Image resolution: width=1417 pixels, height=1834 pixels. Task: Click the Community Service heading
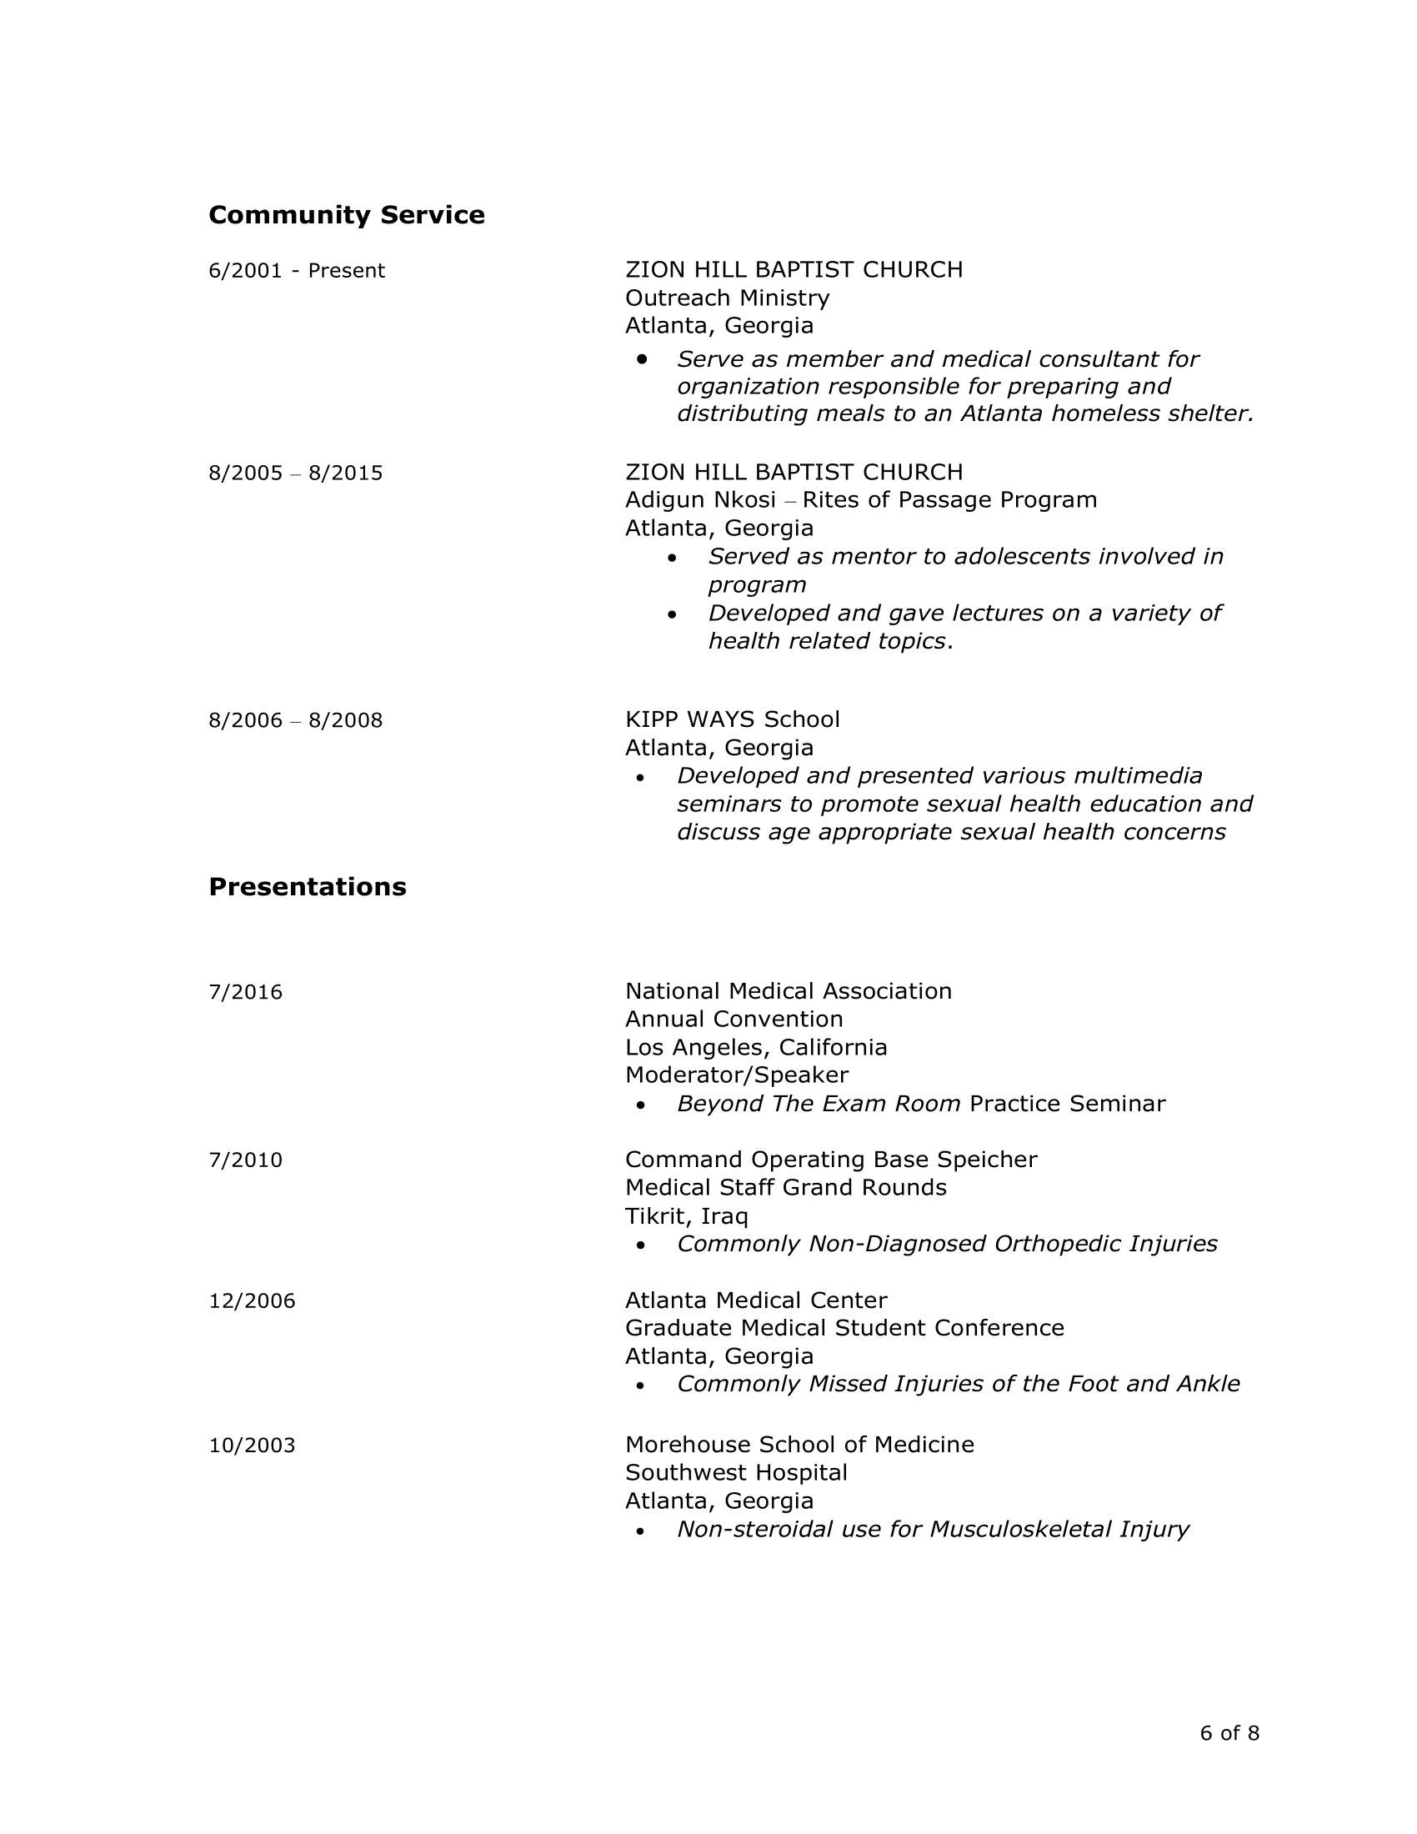tap(346, 216)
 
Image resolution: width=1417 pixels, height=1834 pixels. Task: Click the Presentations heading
tap(308, 888)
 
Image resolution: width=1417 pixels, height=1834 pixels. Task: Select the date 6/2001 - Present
tap(297, 271)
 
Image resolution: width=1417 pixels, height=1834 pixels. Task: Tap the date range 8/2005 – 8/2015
tap(296, 474)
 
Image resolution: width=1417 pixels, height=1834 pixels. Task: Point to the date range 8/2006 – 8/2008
tap(296, 720)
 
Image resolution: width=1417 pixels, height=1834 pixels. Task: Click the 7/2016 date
tap(245, 993)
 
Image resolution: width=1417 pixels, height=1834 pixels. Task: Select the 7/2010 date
tap(245, 1160)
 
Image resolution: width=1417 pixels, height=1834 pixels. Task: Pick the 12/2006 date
tap(252, 1301)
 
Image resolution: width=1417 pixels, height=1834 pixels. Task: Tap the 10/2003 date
tap(252, 1446)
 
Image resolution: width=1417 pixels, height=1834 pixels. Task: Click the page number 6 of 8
tap(1229, 1733)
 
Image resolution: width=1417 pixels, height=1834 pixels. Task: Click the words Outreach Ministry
tap(727, 298)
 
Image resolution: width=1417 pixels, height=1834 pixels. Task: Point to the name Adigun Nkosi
tap(700, 500)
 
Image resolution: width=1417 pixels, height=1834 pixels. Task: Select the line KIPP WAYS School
tap(732, 719)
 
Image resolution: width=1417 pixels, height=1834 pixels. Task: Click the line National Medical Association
tap(789, 992)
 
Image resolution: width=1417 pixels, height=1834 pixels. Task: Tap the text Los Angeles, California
tap(755, 1048)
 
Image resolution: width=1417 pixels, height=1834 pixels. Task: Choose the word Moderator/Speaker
tap(736, 1075)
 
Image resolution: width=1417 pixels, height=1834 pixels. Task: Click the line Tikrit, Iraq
tap(686, 1217)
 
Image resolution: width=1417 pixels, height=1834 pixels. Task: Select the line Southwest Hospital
tap(736, 1473)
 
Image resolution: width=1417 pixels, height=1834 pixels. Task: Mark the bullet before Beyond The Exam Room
tap(641, 1106)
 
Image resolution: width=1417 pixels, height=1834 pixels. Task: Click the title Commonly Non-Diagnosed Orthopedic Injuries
tap(947, 1245)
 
